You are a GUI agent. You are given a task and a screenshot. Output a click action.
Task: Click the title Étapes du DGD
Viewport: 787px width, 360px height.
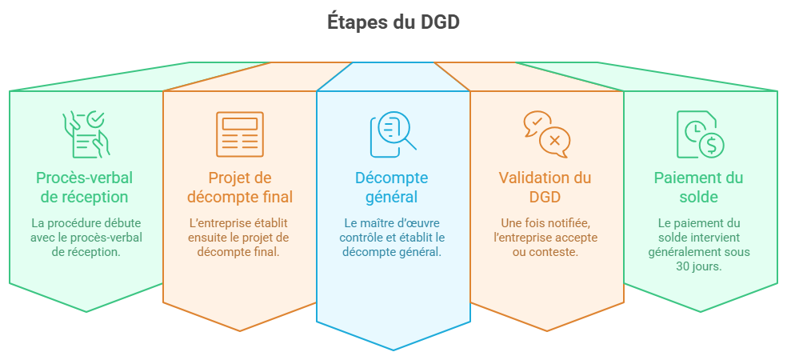393,22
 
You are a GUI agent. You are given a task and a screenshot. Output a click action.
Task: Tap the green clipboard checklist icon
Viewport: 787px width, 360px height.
86,134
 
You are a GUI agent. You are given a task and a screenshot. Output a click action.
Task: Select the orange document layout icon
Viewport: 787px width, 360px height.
240,134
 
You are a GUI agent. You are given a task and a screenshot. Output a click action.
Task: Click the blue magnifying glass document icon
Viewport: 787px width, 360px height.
393,134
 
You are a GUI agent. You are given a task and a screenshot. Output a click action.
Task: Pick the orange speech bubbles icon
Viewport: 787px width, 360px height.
546,134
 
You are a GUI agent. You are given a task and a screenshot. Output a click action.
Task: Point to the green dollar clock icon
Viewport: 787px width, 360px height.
700,134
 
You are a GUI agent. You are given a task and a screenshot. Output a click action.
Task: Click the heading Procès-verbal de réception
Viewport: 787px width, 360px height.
85,187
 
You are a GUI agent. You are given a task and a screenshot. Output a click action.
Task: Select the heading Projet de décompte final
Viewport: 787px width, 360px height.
240,187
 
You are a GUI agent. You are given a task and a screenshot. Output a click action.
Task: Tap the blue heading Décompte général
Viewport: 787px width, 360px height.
392,187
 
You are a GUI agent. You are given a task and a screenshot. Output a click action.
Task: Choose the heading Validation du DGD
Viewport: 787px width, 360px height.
545,187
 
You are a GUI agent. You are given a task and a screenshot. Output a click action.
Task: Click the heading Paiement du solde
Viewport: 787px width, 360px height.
699,187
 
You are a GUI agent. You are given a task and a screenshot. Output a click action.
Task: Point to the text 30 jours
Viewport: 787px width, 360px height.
699,266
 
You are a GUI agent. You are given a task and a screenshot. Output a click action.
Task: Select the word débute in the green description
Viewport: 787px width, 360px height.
124,222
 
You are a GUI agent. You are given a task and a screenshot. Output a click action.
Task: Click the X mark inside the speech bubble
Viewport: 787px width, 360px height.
554,141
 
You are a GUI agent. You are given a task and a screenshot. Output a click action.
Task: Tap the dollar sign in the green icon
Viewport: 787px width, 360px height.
711,145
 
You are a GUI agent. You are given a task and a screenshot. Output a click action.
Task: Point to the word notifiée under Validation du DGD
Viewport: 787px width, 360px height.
567,222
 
